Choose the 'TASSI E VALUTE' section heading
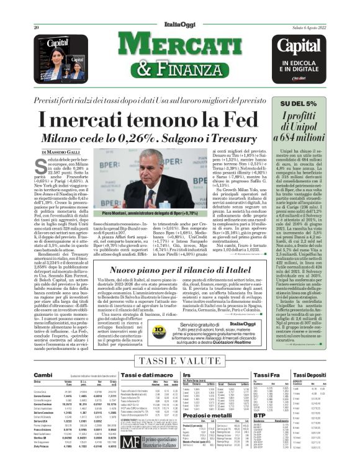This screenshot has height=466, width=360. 179,361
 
